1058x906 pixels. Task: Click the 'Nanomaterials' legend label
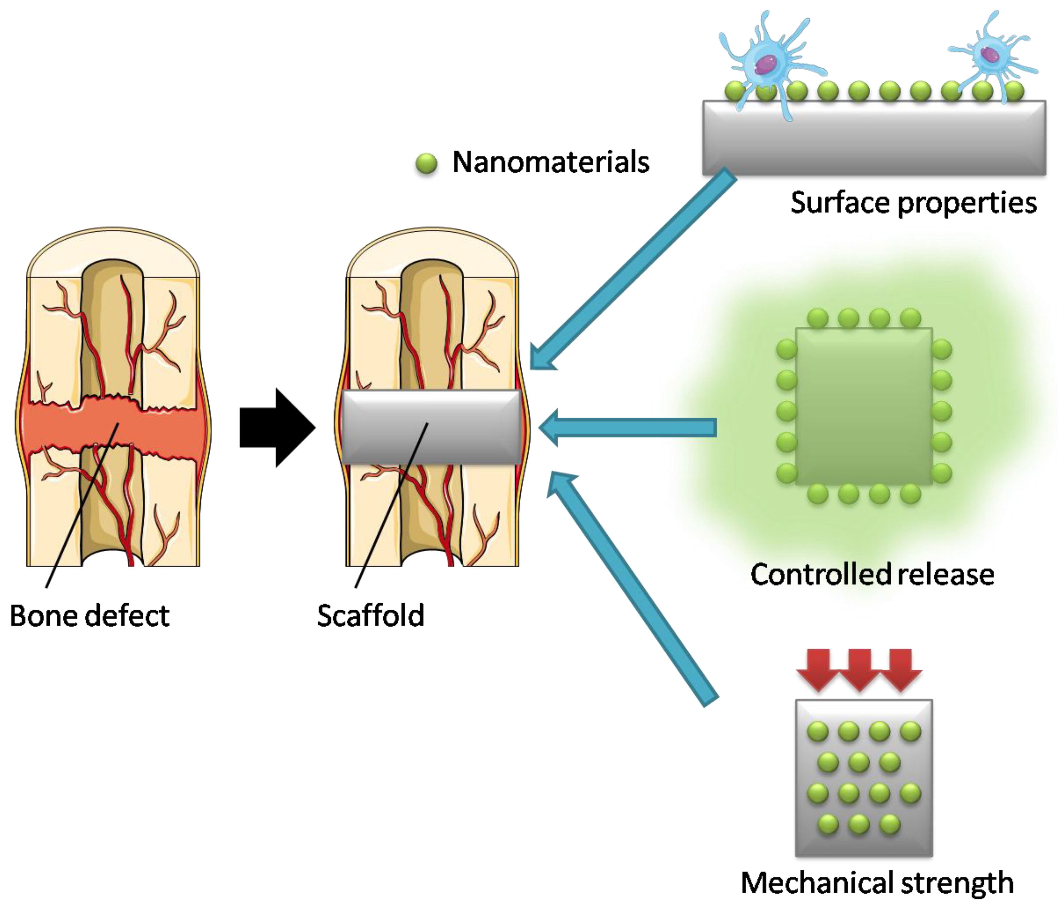pos(550,163)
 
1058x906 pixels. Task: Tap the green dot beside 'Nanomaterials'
pos(426,164)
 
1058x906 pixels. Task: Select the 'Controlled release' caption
pos(872,574)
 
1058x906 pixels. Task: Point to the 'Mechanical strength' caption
pos(877,882)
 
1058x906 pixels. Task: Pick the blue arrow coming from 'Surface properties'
pos(633,271)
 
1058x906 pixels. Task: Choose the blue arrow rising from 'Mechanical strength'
pos(633,588)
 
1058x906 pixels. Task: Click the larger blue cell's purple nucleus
pos(766,64)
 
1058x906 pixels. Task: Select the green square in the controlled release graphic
pos(864,406)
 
